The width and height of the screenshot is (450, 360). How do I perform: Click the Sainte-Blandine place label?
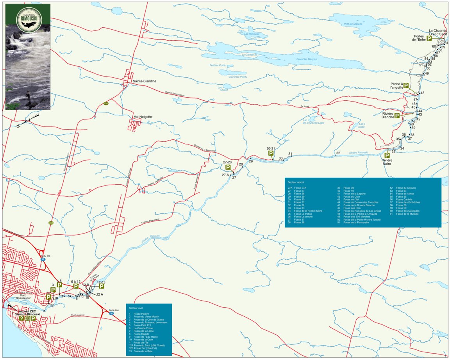145,81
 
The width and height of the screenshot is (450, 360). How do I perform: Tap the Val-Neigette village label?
143,117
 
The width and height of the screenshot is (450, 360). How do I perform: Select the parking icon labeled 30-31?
271,154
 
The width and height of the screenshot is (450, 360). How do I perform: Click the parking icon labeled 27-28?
228,168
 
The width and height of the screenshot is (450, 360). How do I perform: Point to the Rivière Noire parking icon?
387,155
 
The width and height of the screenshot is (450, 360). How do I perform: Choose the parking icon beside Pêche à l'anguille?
406,86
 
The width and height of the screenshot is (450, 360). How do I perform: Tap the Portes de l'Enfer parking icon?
429,38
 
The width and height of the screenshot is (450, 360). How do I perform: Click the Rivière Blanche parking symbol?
397,116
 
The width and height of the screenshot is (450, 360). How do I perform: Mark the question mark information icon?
22,319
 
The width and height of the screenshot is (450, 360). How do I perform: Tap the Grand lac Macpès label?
307,59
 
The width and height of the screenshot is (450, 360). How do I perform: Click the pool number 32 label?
338,153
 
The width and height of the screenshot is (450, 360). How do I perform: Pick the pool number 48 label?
422,93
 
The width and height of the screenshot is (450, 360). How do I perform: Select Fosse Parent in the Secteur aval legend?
139,314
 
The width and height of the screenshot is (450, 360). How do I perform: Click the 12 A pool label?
99,294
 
